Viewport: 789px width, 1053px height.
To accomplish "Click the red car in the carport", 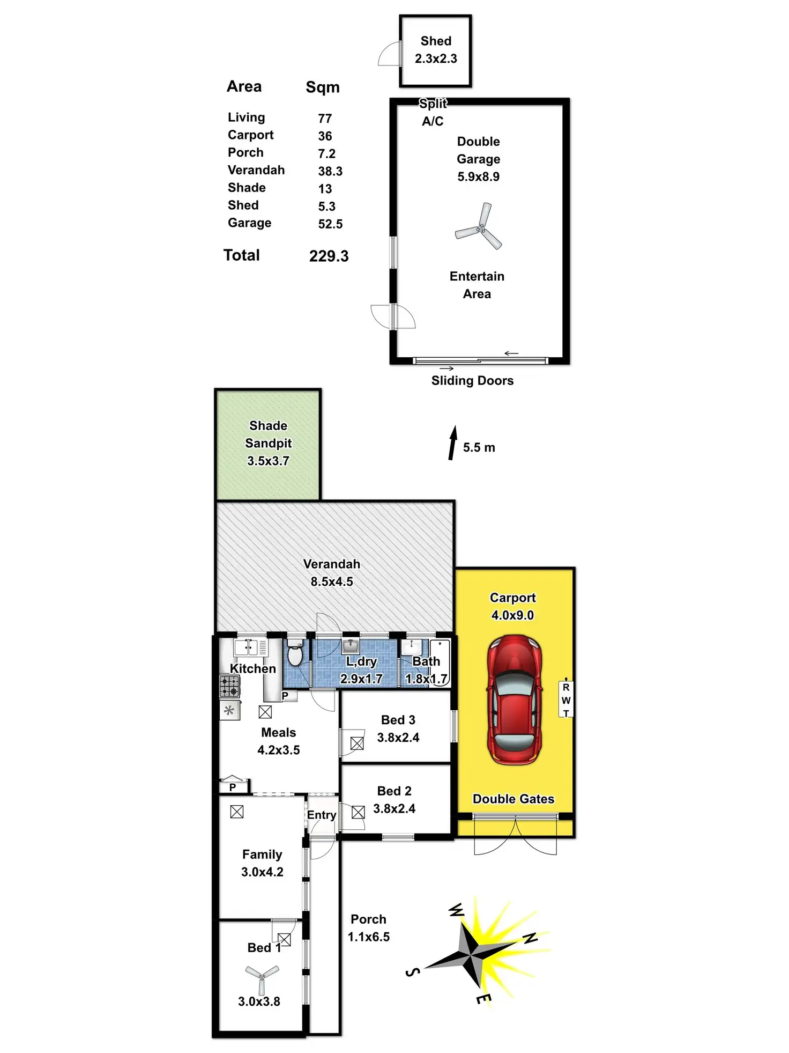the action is pos(514,699).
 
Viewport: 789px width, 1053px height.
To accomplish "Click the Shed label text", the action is pos(436,41).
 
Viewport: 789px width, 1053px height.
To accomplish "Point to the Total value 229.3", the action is pos(329,256).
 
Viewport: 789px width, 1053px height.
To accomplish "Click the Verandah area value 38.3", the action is pos(330,171).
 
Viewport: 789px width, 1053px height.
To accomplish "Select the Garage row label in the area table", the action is pos(249,223).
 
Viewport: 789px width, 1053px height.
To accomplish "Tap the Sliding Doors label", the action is pos(472,380).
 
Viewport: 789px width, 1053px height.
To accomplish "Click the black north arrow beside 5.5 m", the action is pos(453,443).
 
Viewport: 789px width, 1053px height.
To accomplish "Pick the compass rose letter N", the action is pos(530,938).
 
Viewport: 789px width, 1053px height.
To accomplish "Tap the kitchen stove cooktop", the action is pos(229,686).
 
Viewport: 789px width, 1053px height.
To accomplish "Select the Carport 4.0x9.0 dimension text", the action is pos(513,615).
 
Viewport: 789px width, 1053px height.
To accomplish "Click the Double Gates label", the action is pos(513,799).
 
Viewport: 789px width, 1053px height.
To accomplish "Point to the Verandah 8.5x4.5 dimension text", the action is pos(332,581).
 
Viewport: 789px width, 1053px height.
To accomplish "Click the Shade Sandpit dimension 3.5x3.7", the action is pos(268,461).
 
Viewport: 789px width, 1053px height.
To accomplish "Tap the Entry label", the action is pos(322,815).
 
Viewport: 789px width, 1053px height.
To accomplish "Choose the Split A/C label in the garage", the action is pos(433,112).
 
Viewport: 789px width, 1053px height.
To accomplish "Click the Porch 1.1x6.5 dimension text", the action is pos(369,937).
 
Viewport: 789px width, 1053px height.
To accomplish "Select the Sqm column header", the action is pos(323,87).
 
